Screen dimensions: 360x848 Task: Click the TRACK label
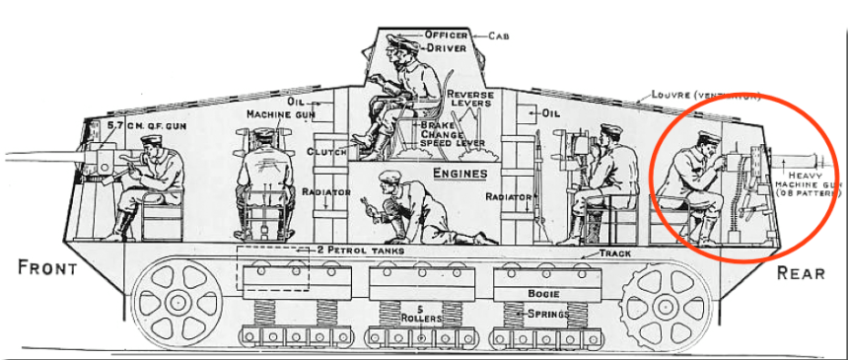pos(615,253)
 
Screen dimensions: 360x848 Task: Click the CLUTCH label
pos(326,152)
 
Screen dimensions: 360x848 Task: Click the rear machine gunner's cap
pos(706,136)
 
